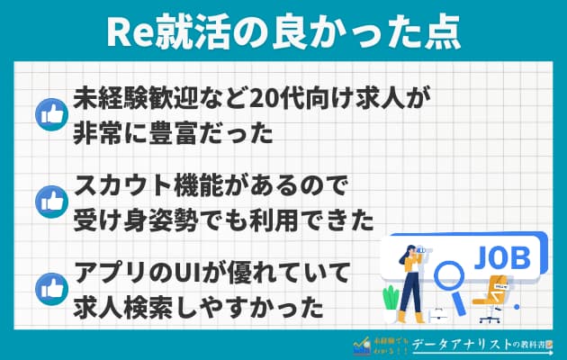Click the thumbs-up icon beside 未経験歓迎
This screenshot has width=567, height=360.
47,114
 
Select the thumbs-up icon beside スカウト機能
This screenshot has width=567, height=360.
47,201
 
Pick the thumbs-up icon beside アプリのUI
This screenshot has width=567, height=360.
47,288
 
